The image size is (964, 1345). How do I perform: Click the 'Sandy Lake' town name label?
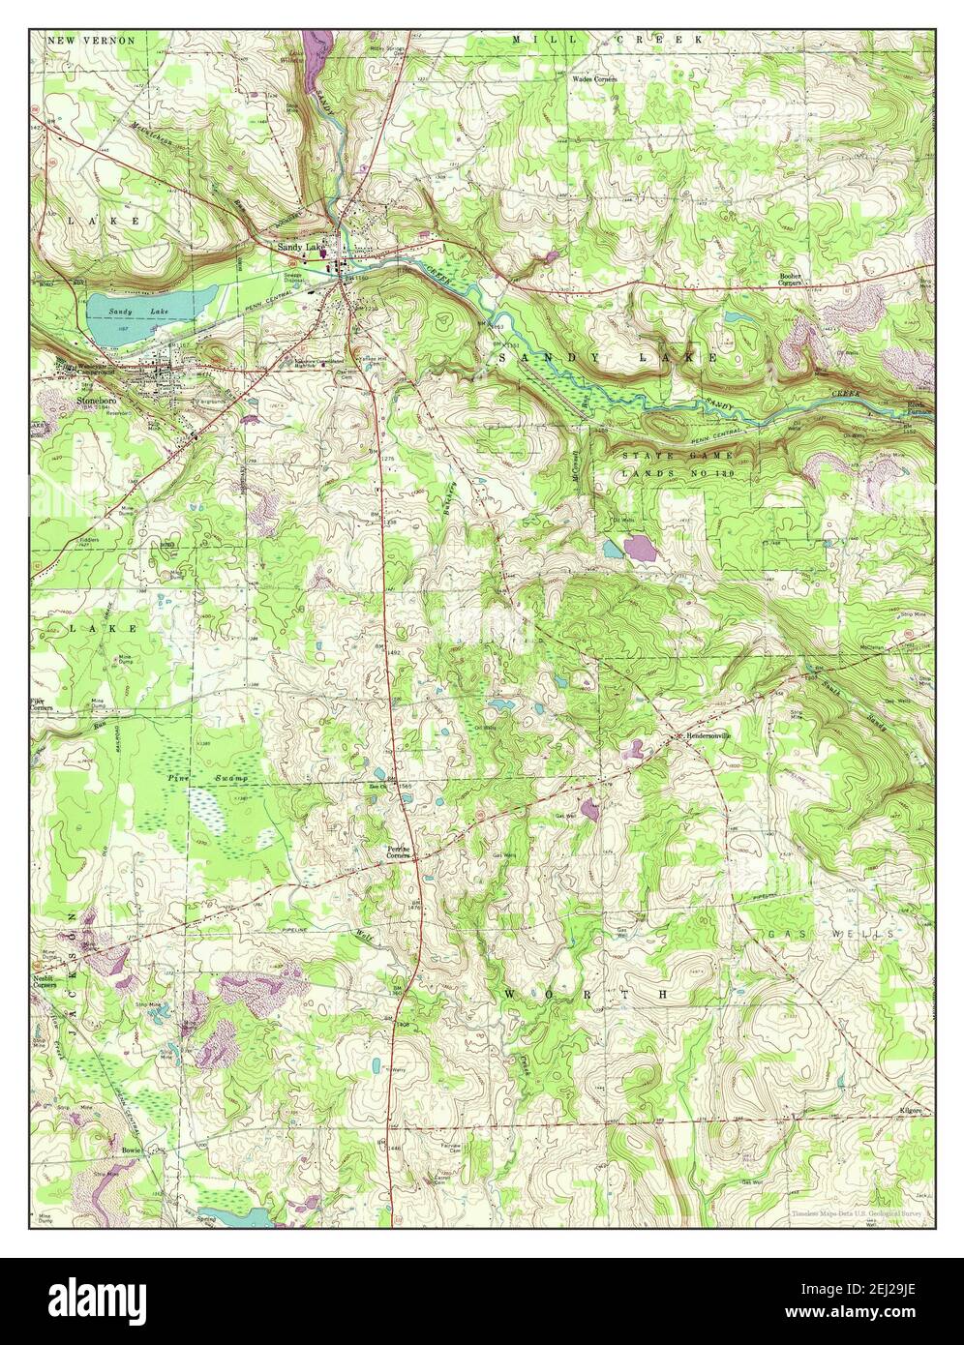click(x=301, y=248)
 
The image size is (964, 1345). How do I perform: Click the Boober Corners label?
click(x=797, y=279)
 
